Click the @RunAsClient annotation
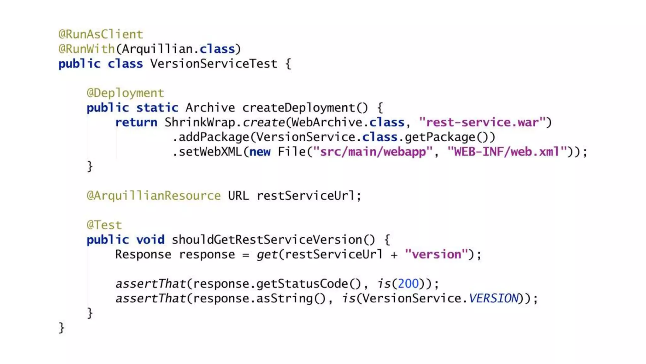(x=101, y=34)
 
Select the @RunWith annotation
(x=86, y=49)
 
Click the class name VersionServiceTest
(x=214, y=64)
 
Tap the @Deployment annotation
(x=125, y=93)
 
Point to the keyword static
(x=157, y=108)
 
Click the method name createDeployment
(x=298, y=108)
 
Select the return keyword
(x=136, y=122)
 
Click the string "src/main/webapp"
(x=372, y=152)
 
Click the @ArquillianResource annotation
(x=154, y=196)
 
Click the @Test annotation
(x=104, y=225)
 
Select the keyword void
(x=150, y=240)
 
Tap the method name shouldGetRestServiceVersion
(x=267, y=240)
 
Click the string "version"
(x=436, y=254)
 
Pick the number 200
(x=408, y=284)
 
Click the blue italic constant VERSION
(x=494, y=298)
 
